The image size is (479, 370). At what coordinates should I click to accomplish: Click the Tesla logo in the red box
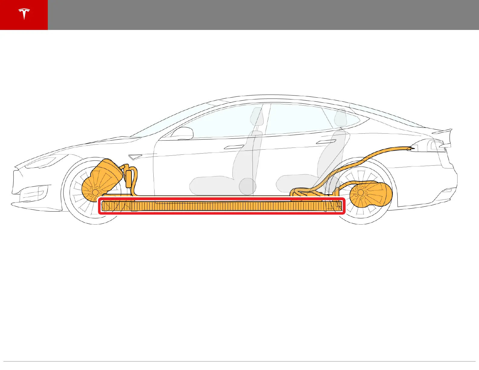coord(24,15)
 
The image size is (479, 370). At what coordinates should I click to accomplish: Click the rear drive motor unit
coord(370,193)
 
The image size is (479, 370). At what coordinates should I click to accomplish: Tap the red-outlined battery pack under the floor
coord(221,206)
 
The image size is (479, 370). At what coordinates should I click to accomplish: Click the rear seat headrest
coord(341,117)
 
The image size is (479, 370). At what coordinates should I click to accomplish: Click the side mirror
coord(183,133)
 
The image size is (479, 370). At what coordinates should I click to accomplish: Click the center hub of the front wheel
coord(95,192)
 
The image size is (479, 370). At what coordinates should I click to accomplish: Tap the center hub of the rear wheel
coord(360,192)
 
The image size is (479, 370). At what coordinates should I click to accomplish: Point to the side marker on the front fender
coord(135,157)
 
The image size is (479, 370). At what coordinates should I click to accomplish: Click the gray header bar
coord(263,15)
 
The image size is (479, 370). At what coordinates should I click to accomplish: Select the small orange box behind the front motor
coord(129,178)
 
